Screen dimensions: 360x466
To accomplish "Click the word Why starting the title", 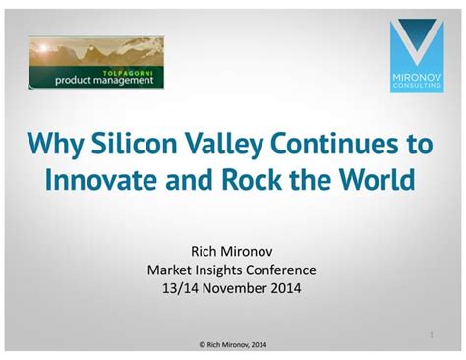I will click(56, 146).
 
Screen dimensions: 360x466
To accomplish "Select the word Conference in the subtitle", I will click(281, 270).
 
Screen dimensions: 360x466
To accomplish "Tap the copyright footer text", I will click(232, 344).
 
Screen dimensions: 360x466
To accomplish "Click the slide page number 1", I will click(432, 335).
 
